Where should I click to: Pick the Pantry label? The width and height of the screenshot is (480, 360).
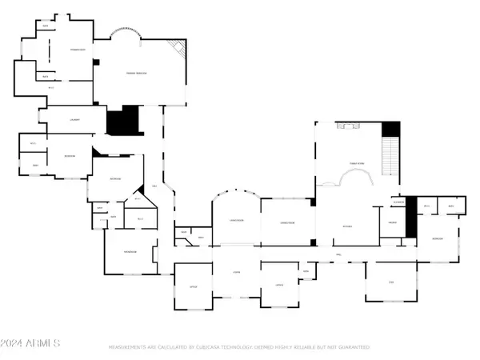(393, 223)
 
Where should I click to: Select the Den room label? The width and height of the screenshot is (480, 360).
(391, 282)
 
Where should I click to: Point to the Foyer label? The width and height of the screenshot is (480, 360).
(236, 273)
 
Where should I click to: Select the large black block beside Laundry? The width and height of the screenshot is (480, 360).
(122, 122)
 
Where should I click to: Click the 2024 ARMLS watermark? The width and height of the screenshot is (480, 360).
(32, 344)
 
